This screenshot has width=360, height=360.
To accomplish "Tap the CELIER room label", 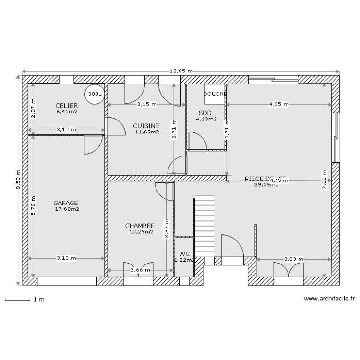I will tap(66, 105).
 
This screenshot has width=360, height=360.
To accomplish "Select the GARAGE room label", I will tap(66, 203).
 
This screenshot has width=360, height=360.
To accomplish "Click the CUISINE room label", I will tap(146, 126).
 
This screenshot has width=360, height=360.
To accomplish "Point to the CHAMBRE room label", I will tap(140, 226).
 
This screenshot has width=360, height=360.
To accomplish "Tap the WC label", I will tap(184, 254).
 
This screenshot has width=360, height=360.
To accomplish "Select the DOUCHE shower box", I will tap(215, 94).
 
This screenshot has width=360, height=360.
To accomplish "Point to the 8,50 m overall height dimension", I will tap(18, 180).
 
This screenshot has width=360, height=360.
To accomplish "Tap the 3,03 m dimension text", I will tap(293, 259).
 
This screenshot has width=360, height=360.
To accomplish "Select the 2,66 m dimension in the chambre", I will tap(140, 270).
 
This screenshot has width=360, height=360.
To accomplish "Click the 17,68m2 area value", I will tap(67, 209).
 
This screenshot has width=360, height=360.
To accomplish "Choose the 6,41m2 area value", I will tap(67, 111).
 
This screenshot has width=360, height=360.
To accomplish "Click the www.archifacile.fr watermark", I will tap(329, 298).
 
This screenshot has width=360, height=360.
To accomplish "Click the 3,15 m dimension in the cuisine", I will tap(146, 104).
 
